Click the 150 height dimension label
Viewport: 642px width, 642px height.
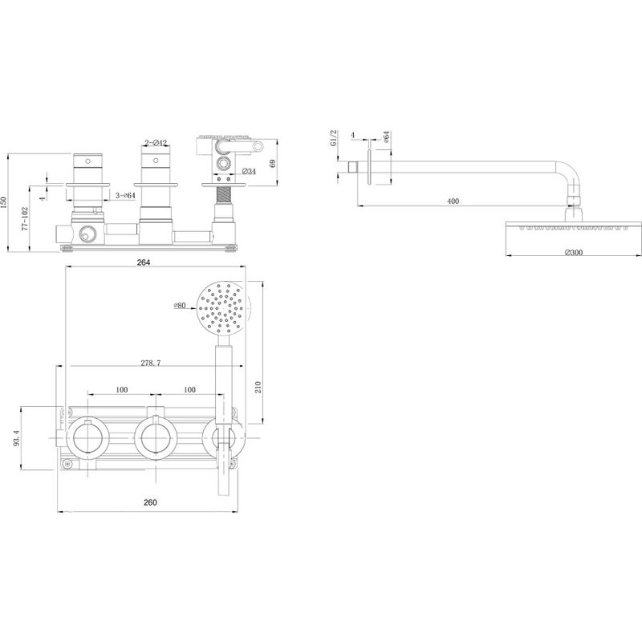pos(4,203)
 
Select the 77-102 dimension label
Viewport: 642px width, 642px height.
pos(25,219)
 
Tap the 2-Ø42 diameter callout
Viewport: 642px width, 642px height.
pos(156,143)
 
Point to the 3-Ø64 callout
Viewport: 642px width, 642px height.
pos(125,196)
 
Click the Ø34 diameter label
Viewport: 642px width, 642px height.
pos(249,171)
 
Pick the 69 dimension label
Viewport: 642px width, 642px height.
pos(273,163)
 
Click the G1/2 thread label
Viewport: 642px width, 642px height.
pos(333,137)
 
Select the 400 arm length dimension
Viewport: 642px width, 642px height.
pos(453,201)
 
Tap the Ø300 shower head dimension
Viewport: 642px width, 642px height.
pos(573,253)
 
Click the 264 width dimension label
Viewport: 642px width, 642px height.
pos(144,262)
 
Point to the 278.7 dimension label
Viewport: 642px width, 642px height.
pos(151,363)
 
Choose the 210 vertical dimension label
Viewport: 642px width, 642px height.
pos(258,387)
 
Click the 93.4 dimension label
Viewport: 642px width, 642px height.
pos(16,437)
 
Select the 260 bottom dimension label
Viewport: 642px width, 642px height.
pos(150,502)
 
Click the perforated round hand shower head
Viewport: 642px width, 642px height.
pos(222,307)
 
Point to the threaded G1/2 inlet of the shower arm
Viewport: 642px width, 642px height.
pos(352,168)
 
